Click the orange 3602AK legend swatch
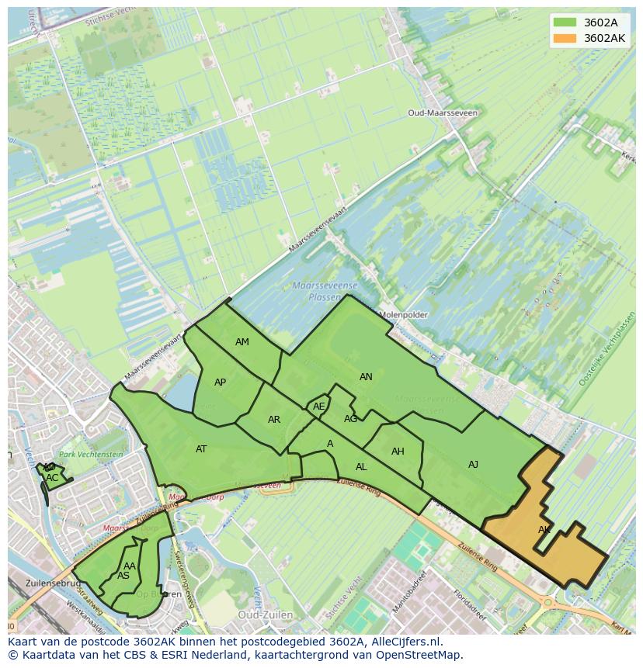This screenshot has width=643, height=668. (565, 38)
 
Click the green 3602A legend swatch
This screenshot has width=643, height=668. (565, 22)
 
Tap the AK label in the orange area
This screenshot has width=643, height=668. (544, 530)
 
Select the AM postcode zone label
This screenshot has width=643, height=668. (242, 342)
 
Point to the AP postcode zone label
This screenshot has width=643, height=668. (221, 382)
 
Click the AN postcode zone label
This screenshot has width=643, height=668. (366, 377)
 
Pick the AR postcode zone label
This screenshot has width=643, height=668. (274, 420)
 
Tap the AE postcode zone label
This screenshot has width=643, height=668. (318, 407)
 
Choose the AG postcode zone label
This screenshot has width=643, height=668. (351, 419)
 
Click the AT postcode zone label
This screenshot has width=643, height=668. (201, 449)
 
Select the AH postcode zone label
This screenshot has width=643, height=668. (398, 452)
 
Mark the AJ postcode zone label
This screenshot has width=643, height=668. (473, 465)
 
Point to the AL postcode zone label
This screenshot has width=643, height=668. (361, 467)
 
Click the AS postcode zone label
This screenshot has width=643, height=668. (123, 576)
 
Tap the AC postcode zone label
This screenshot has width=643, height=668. (52, 478)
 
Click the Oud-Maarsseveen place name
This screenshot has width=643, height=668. (443, 112)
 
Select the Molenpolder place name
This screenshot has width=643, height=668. (403, 315)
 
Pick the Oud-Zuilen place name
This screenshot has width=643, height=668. (266, 614)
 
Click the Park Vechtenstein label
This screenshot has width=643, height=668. (91, 454)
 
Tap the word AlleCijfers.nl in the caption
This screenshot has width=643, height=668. (404, 642)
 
